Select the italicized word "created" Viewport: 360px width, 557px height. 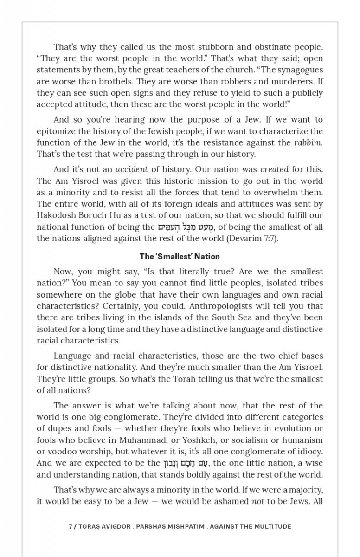(x=274, y=169)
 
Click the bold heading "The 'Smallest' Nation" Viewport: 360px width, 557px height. (x=180, y=256)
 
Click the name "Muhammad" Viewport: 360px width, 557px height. (x=141, y=440)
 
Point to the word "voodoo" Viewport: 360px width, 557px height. (x=60, y=451)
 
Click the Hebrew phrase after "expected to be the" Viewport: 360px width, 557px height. (x=187, y=463)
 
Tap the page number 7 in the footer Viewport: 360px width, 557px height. (x=70, y=526)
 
